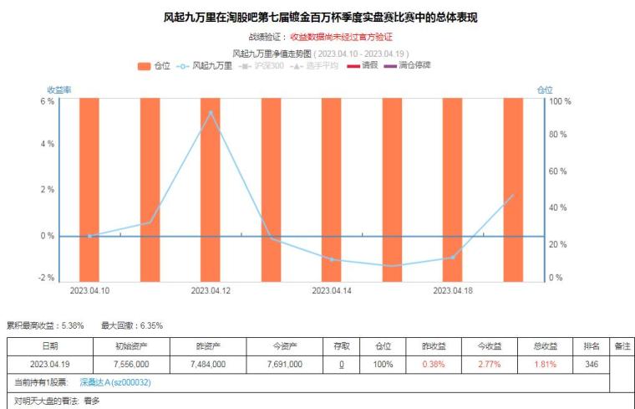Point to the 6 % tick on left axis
[48, 101]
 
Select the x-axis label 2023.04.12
[211, 291]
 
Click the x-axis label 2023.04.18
[452, 291]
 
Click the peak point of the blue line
[211, 112]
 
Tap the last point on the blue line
[512, 196]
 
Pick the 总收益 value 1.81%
[543, 365]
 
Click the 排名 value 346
[591, 365]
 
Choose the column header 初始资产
[132, 345]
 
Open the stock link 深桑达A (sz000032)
[115, 382]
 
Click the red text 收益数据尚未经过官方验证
[341, 37]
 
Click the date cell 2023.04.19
[50, 365]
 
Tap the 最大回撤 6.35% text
[132, 325]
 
